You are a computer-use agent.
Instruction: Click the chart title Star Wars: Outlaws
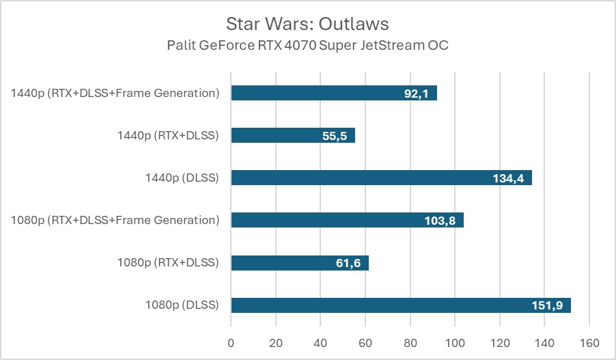[x=307, y=24]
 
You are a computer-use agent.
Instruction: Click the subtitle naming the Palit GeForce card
[x=307, y=46]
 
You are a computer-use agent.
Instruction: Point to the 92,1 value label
[x=416, y=94]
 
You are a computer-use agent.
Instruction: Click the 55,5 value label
[x=334, y=136]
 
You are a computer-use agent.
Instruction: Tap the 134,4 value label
[x=508, y=178]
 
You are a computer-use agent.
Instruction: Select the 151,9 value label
[x=547, y=305]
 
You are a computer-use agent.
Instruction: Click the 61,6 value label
[x=348, y=263]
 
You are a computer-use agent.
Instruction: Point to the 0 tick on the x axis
[x=231, y=342]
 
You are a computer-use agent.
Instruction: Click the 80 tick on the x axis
[x=410, y=342]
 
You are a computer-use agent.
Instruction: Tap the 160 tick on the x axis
[x=589, y=342]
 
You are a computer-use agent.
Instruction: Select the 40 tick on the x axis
[x=320, y=342]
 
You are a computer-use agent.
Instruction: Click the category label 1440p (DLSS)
[x=182, y=178]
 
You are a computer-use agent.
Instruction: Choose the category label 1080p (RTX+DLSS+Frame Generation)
[x=115, y=220]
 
